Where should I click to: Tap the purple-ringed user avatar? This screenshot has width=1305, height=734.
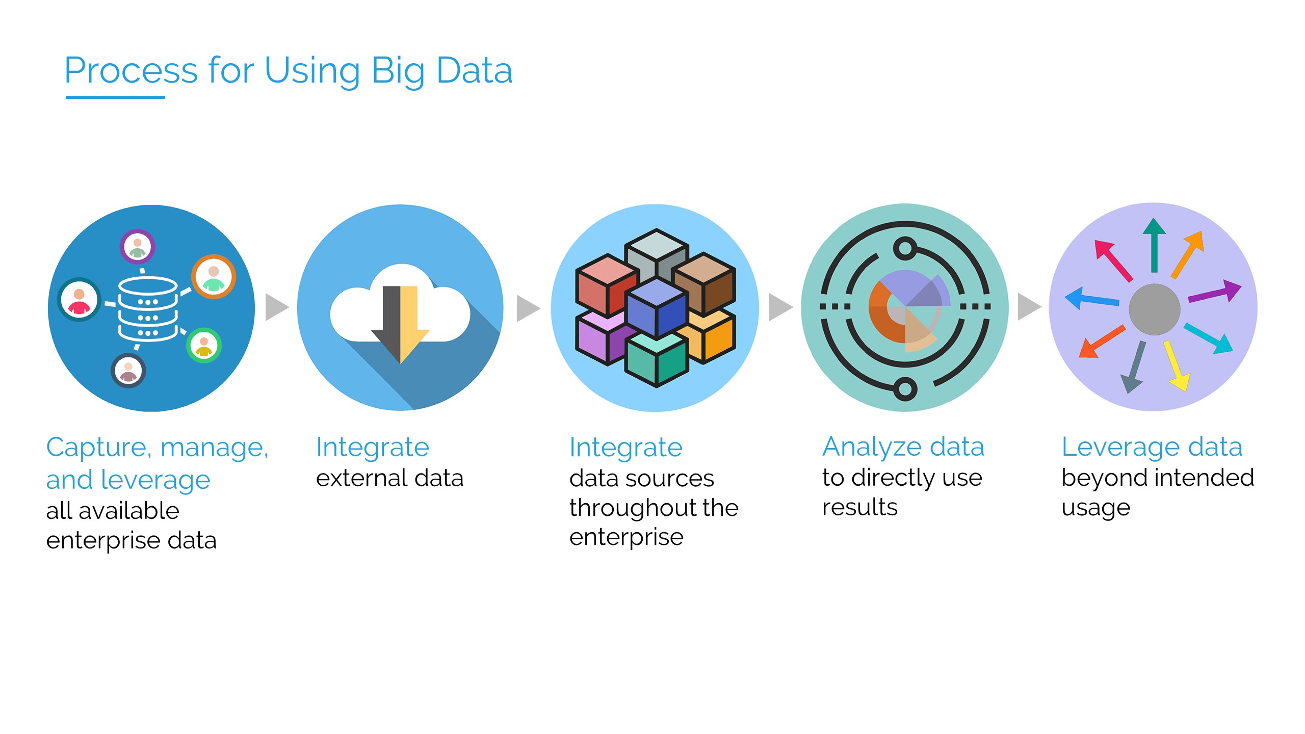137,247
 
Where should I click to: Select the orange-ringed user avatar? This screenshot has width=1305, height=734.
214,276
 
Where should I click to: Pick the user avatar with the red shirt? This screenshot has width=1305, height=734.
79,299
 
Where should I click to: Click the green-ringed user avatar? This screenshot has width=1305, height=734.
204,345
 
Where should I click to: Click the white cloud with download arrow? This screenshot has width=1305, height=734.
401,311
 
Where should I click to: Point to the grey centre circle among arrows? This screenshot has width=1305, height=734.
1154,309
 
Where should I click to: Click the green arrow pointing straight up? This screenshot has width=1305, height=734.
1154,245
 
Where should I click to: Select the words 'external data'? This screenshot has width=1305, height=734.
389,478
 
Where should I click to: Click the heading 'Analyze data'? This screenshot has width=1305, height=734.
903,448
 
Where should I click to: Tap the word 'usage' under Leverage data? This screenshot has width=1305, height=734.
1095,508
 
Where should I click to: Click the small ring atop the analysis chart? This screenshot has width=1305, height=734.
905,249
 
